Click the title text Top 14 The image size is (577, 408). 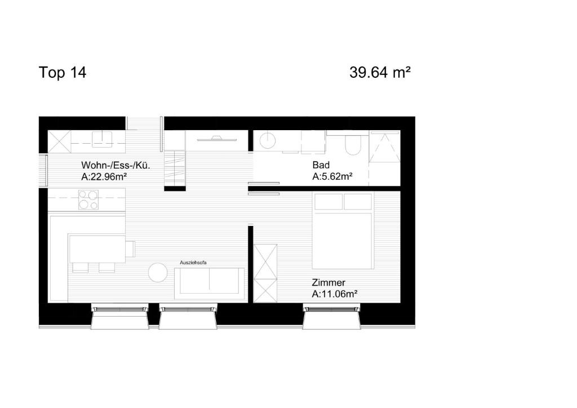[63, 73]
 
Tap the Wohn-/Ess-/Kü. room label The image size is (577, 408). [116, 166]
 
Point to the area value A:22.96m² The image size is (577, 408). [104, 176]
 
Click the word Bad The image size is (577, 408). [320, 165]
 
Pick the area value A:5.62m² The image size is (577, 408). [332, 176]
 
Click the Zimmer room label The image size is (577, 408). [329, 282]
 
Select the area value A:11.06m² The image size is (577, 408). [335, 294]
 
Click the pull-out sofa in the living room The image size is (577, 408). [210, 283]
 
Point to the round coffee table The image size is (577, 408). [158, 273]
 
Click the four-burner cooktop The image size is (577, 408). [88, 200]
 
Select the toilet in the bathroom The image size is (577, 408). [353, 146]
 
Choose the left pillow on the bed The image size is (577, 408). [328, 201]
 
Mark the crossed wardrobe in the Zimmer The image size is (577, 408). [265, 273]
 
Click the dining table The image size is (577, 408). [97, 249]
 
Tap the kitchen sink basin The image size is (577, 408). [103, 139]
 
